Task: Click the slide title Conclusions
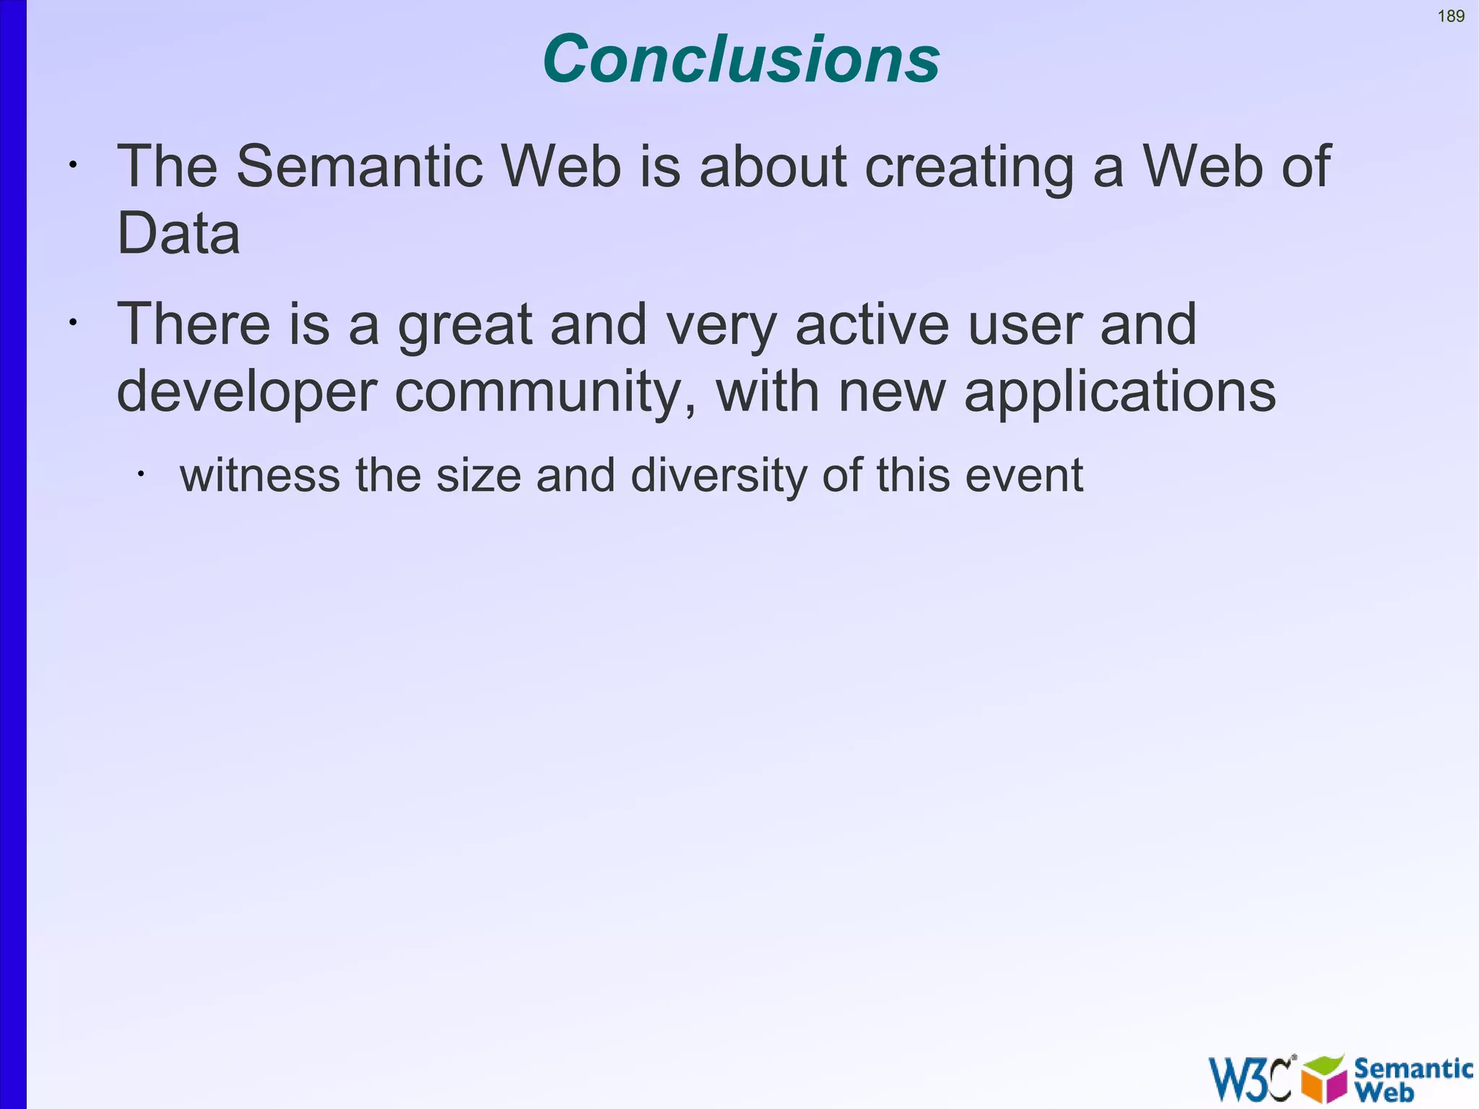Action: pyautogui.click(x=741, y=59)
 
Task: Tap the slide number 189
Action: pyautogui.click(x=1451, y=16)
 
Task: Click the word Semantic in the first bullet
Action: pyautogui.click(x=359, y=166)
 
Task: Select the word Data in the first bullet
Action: pyautogui.click(x=178, y=233)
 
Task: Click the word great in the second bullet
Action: pyautogui.click(x=465, y=325)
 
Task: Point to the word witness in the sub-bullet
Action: pyautogui.click(x=259, y=475)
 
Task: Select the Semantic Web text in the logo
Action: pyautogui.click(x=1412, y=1079)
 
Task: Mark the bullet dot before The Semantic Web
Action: pyautogui.click(x=72, y=165)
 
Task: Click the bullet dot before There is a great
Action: pyautogui.click(x=72, y=323)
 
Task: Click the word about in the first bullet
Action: pyautogui.click(x=773, y=166)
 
